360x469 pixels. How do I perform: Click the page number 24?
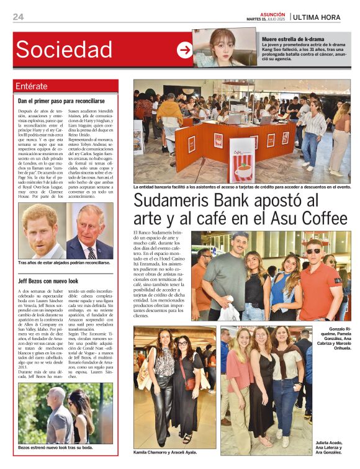(x=18, y=17)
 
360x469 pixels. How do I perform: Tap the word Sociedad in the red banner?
(x=64, y=49)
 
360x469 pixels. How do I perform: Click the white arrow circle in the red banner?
(x=184, y=50)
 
